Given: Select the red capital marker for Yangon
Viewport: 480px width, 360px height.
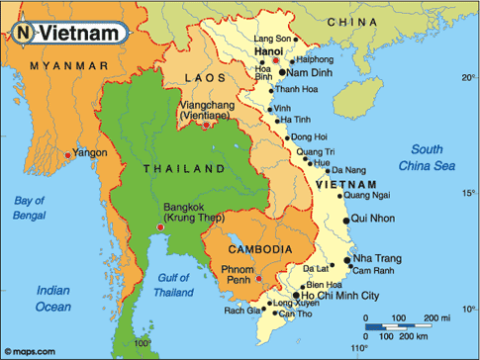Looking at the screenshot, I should [67, 154].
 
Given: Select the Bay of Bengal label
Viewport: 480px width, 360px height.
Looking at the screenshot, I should [30, 207].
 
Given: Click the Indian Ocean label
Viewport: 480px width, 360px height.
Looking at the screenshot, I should [53, 298].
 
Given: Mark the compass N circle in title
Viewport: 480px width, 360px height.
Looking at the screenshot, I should [22, 33].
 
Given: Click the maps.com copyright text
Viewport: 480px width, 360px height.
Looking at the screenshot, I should [32, 350].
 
